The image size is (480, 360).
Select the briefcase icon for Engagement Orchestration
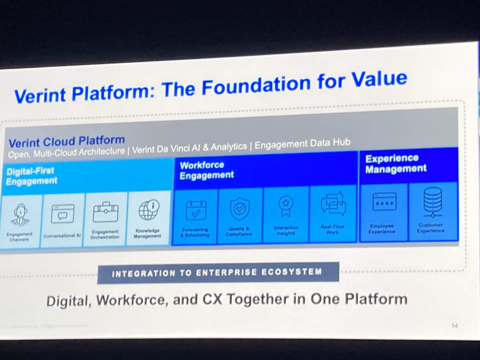pyautogui.click(x=105, y=212)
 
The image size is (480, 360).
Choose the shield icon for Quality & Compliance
pyautogui.click(x=240, y=208)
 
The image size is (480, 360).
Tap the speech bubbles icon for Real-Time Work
pyautogui.click(x=333, y=204)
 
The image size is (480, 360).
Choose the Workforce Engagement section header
pyautogui.click(x=206, y=170)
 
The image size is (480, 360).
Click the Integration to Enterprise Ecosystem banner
pyautogui.click(x=218, y=273)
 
